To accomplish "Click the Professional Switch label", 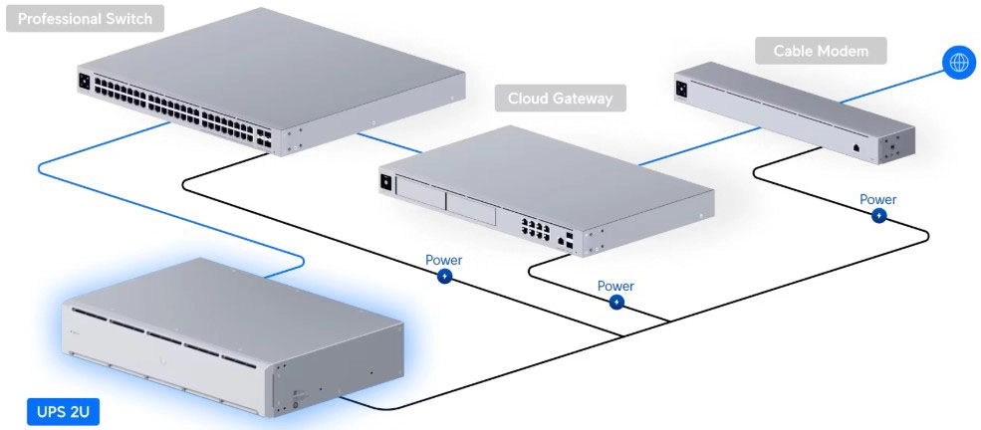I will (x=85, y=19).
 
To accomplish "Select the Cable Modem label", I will (x=820, y=51).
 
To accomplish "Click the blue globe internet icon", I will (x=959, y=63).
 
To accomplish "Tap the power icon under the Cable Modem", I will (x=878, y=216).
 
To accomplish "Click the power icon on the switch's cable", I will (x=444, y=277).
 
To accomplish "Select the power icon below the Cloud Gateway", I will (x=616, y=302).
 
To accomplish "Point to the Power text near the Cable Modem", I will (x=878, y=199).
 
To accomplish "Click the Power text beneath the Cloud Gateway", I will (x=615, y=286).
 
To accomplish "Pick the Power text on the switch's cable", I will (x=444, y=260).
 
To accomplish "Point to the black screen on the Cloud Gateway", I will (x=385, y=182).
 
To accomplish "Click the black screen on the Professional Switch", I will (x=85, y=80).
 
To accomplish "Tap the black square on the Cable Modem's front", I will (x=682, y=88).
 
